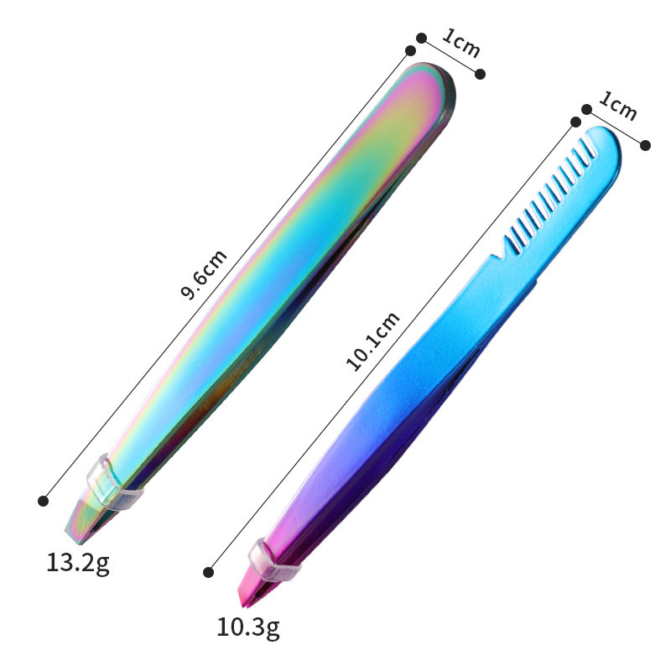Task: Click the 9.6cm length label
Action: [204, 274]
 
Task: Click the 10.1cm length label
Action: [372, 341]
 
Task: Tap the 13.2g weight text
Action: [78, 563]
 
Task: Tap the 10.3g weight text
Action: [248, 627]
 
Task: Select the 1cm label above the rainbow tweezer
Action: [461, 43]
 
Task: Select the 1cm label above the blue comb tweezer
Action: [618, 106]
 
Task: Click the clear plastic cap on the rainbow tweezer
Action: [112, 484]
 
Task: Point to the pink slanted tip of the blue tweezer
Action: [252, 590]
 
